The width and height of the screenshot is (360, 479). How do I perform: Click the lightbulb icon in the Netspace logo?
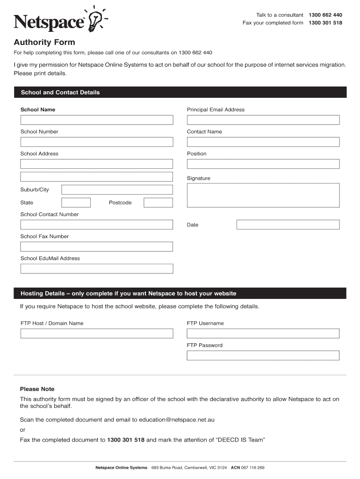(95, 20)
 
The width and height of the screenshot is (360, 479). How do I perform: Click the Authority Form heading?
(44, 42)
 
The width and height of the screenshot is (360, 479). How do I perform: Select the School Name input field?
(96, 120)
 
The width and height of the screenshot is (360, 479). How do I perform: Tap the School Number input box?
(96, 142)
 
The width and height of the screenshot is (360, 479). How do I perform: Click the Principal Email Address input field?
(263, 120)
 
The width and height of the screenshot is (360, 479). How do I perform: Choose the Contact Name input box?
(263, 142)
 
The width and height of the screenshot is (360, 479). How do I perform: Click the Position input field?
(263, 164)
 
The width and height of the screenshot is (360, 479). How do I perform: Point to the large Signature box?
(263, 195)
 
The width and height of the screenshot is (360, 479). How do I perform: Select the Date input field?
(288, 225)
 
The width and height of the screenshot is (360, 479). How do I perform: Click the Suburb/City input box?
(117, 189)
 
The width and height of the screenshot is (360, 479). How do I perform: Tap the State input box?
(76, 203)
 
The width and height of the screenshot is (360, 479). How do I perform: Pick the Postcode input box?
(158, 203)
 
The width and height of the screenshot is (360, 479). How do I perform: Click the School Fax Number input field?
(96, 247)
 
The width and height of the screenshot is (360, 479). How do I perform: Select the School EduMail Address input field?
(96, 269)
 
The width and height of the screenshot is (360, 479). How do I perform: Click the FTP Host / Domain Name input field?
(96, 334)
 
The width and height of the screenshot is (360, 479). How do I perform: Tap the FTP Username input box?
(263, 334)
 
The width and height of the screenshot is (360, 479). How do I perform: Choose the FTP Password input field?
(263, 356)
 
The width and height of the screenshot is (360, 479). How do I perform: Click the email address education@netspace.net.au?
(177, 420)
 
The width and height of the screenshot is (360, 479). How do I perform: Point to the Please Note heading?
(37, 389)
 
